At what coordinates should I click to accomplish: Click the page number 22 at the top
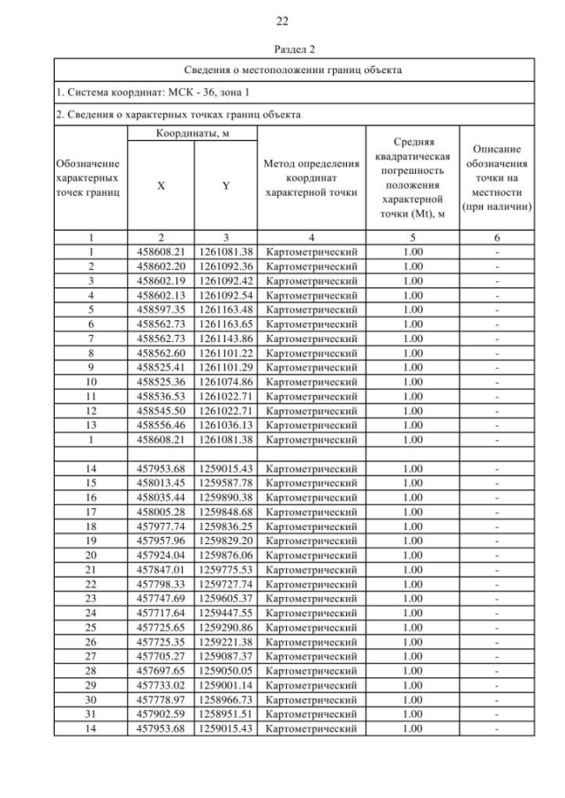282,21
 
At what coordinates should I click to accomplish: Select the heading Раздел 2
282,51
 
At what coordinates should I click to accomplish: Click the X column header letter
161,186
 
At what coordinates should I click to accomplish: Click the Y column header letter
226,186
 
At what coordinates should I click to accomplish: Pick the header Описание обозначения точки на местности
501,179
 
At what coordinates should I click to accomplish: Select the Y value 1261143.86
226,338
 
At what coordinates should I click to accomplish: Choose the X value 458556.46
161,425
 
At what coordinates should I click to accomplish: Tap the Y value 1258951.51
226,714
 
